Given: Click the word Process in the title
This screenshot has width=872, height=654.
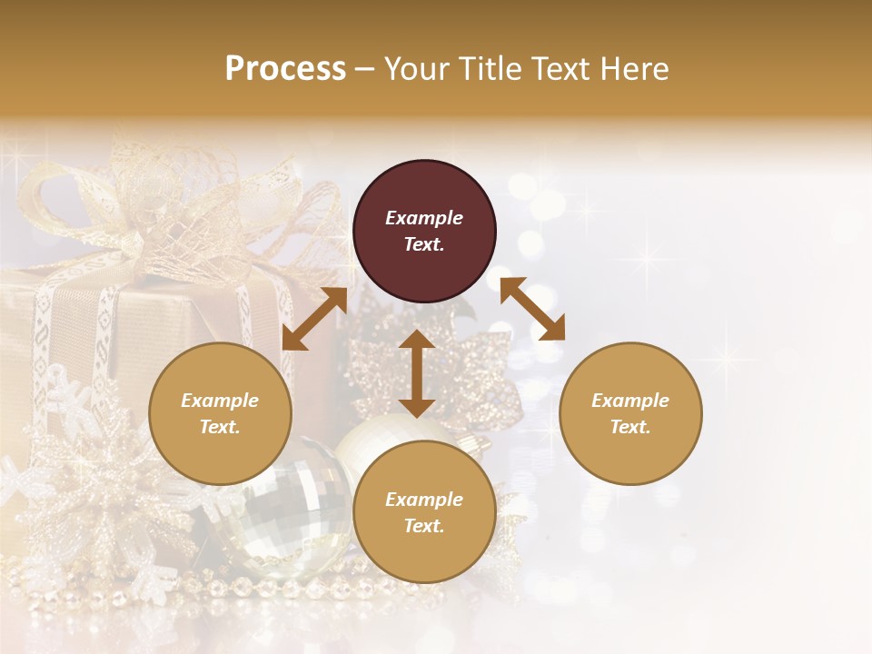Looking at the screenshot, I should [x=285, y=69].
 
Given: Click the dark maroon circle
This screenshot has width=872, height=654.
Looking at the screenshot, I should [x=424, y=232].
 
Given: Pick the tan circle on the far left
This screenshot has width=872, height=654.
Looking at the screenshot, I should [x=220, y=414].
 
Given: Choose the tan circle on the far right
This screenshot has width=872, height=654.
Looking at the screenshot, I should [x=630, y=414].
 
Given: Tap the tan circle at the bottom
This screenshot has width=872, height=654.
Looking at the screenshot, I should [x=424, y=512].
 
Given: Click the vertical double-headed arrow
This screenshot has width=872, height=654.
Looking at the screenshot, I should [x=417, y=373].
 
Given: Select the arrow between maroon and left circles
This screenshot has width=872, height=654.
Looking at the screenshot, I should [x=314, y=319].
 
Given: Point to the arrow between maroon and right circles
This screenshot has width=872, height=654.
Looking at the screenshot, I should [x=532, y=309].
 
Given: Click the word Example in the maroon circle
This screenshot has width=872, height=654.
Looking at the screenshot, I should [x=424, y=218].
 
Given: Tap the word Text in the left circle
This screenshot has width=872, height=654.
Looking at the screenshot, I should [x=219, y=428].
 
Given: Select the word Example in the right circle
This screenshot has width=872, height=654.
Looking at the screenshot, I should [x=630, y=401].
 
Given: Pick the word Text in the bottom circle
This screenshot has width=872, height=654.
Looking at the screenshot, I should [x=423, y=526].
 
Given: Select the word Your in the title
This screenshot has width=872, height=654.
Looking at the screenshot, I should [x=414, y=69].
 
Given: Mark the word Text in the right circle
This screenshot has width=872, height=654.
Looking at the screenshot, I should [x=629, y=428].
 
